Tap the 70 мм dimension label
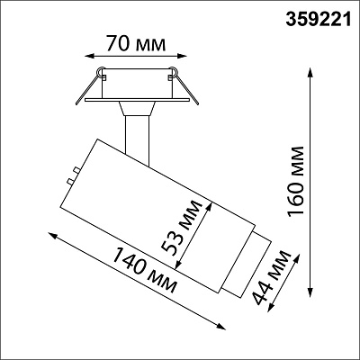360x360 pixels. coord(136,44)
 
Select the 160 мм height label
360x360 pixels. coord(295,181)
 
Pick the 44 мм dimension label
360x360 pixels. coord(272,277)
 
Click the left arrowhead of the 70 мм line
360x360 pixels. coord(89,56)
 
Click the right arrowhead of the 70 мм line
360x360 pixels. coord(182,56)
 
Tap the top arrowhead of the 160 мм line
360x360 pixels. coord(310,73)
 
